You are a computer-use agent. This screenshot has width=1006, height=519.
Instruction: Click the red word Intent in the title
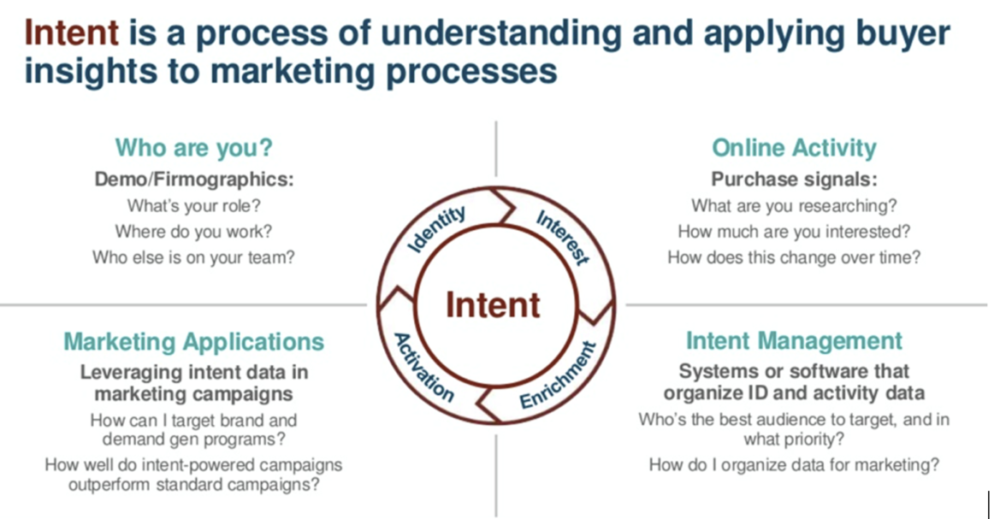pyautogui.click(x=71, y=33)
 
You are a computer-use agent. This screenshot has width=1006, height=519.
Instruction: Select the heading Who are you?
pyautogui.click(x=193, y=147)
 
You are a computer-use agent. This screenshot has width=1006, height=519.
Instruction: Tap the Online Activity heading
pyautogui.click(x=794, y=147)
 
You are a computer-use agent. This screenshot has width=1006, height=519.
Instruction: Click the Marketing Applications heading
pyautogui.click(x=194, y=342)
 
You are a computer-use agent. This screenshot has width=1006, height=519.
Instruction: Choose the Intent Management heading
pyautogui.click(x=794, y=340)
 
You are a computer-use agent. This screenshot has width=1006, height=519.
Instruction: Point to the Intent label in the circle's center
pyautogui.click(x=493, y=305)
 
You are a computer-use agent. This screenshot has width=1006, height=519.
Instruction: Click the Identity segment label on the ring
pyautogui.click(x=437, y=229)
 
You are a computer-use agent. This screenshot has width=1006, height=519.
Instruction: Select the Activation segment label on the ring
pyautogui.click(x=423, y=368)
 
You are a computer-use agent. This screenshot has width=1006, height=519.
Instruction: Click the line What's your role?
pyautogui.click(x=193, y=206)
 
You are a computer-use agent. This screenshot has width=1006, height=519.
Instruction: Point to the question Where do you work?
pyautogui.click(x=193, y=231)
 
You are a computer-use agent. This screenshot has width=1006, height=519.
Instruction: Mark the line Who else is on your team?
pyautogui.click(x=193, y=257)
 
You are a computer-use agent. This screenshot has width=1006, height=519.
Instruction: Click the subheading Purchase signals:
pyautogui.click(x=794, y=180)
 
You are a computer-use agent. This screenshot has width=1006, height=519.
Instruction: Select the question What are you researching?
pyautogui.click(x=794, y=206)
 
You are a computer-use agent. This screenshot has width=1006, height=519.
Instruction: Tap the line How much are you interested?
pyautogui.click(x=794, y=231)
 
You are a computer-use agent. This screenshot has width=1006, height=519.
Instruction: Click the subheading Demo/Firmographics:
pyautogui.click(x=193, y=180)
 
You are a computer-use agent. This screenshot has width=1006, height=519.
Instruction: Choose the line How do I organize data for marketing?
pyautogui.click(x=794, y=465)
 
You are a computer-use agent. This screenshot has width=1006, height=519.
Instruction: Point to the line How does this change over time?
pyautogui.click(x=794, y=257)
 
